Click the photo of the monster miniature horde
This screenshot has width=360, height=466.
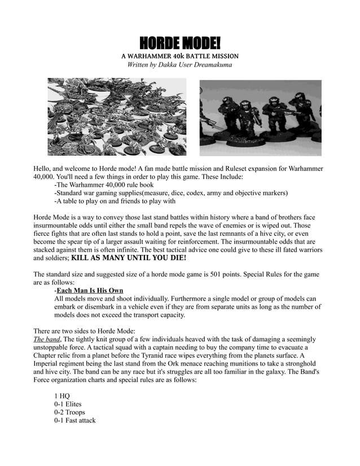[116, 117]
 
